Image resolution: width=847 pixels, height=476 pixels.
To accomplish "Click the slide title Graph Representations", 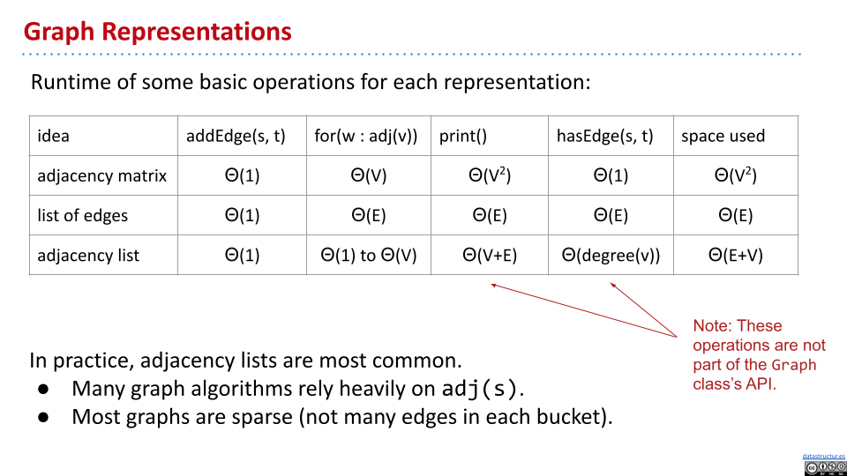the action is tap(157, 32).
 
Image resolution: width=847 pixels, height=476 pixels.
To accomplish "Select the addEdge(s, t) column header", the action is tap(236, 136).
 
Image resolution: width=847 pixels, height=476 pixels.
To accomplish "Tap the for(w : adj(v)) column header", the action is tap(365, 136).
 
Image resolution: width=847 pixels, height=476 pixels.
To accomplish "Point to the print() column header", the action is tap(463, 136).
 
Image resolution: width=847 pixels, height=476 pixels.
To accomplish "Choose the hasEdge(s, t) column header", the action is tap(604, 136).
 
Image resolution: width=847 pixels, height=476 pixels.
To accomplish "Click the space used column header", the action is tap(723, 136).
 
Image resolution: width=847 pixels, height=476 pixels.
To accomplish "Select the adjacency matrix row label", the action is tap(101, 175).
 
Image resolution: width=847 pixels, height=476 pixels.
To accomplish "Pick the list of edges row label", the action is tap(82, 215).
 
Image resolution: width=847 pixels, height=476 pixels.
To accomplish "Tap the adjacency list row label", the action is tap(88, 255).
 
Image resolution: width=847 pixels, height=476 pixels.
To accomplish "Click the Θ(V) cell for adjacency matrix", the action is tap(369, 175).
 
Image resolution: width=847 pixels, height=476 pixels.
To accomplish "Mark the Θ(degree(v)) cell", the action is tap(611, 255).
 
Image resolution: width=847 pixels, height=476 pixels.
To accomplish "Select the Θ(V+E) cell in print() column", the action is tap(490, 255).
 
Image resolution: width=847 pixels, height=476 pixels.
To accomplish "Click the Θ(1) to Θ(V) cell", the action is tap(369, 255).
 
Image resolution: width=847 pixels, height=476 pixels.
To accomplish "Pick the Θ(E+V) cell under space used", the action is tap(735, 255).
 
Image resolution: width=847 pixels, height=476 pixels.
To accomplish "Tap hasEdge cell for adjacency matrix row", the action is tap(611, 175).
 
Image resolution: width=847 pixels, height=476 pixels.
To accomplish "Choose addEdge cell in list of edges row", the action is tap(242, 215).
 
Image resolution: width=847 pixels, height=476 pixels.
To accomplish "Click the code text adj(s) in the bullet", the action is tap(480, 389).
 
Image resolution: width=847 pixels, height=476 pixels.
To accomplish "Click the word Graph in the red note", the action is tap(793, 365).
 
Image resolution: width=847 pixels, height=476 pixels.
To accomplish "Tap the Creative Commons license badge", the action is tap(825, 468).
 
